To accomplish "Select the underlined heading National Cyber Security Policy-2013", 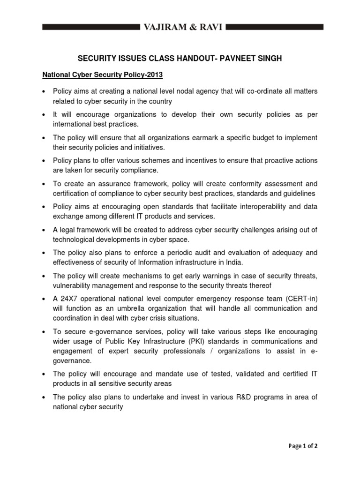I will click(103, 74).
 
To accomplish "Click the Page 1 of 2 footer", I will click(303, 446).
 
